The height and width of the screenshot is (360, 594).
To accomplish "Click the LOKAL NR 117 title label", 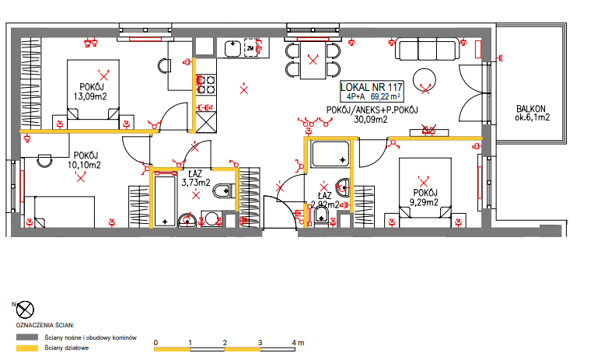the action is (x=372, y=87).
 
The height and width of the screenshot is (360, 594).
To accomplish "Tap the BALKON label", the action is (x=531, y=109).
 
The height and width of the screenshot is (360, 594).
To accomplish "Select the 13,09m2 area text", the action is (x=90, y=96).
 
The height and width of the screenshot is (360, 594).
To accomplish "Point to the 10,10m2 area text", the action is (x=84, y=165).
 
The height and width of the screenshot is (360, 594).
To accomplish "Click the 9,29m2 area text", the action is (x=424, y=202).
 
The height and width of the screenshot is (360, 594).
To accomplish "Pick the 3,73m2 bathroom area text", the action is (x=196, y=183).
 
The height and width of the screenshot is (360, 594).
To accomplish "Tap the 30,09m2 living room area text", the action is (x=371, y=120).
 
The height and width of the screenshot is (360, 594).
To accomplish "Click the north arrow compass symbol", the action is (x=25, y=309).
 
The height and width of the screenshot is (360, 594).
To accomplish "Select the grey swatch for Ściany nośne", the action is (x=27, y=337).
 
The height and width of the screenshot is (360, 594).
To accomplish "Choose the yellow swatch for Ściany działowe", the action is (x=27, y=348).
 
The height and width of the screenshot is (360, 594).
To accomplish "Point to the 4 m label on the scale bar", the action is (x=298, y=343).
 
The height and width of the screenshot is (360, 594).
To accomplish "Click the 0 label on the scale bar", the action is (x=155, y=343).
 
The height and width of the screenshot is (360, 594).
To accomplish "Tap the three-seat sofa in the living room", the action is (x=426, y=48).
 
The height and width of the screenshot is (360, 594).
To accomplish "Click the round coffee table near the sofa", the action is (x=425, y=79).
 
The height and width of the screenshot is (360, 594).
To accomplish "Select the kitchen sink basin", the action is (x=233, y=48).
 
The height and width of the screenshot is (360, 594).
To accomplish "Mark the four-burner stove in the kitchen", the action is (x=206, y=84).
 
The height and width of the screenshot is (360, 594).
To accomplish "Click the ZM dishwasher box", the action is (x=250, y=48).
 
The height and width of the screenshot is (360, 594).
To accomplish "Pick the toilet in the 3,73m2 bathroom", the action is (x=223, y=190).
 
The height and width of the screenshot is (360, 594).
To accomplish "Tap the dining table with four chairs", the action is (x=313, y=60).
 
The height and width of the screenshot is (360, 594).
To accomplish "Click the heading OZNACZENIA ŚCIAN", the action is (x=45, y=325).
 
